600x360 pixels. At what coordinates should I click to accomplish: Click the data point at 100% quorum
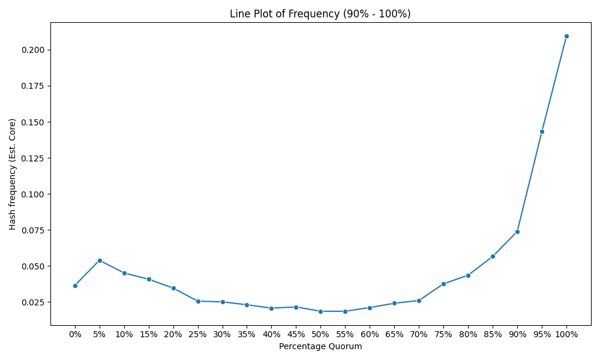pyautogui.click(x=566, y=37)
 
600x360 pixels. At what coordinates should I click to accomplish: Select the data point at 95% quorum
pyautogui.click(x=542, y=131)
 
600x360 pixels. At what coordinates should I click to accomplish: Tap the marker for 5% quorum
pyautogui.click(x=100, y=260)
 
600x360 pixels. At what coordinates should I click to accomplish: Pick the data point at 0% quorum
pyautogui.click(x=75, y=286)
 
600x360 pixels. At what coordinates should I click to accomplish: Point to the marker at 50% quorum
pyautogui.click(x=320, y=311)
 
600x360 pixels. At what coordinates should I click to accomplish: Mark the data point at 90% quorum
pyautogui.click(x=517, y=232)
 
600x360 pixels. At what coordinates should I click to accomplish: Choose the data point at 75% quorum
pyautogui.click(x=443, y=284)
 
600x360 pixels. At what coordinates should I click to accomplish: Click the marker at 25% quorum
pyautogui.click(x=198, y=301)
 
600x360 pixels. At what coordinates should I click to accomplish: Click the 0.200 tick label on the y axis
pyautogui.click(x=33, y=50)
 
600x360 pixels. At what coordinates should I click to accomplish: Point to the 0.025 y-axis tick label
pyautogui.click(x=33, y=302)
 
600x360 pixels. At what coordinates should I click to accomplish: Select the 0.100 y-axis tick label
pyautogui.click(x=33, y=194)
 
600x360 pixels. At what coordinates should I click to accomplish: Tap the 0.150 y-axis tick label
pyautogui.click(x=33, y=122)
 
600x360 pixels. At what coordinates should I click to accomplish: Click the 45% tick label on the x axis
pyautogui.click(x=296, y=334)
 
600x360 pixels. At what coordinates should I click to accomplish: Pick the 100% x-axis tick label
pyautogui.click(x=566, y=334)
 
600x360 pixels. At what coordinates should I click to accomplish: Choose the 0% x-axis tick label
pyautogui.click(x=75, y=334)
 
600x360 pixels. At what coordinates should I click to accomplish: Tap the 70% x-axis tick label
pyautogui.click(x=419, y=334)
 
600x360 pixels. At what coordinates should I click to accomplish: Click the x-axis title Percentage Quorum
pyautogui.click(x=320, y=347)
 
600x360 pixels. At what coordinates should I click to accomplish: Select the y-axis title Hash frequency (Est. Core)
pyautogui.click(x=13, y=174)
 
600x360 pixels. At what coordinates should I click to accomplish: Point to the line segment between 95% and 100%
pyautogui.click(x=554, y=84)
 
